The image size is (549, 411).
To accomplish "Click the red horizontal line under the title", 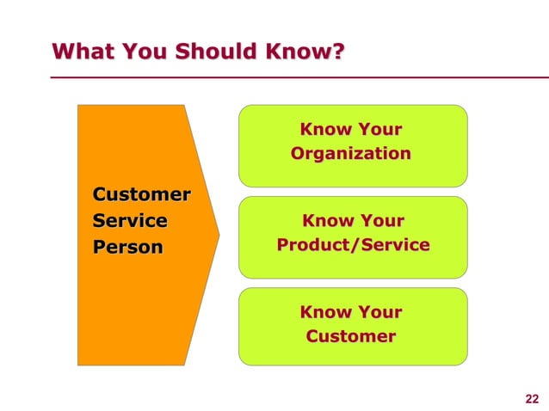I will coord(293,77).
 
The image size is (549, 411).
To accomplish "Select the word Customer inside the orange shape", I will coord(142,194).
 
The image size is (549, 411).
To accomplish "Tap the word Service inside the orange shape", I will coord(130,221).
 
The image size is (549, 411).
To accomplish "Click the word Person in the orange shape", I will coord(127,248).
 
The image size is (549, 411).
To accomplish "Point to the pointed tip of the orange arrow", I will coord(219,234).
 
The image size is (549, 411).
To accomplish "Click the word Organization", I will coord(351,154).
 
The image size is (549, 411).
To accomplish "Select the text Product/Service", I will coord(353,245).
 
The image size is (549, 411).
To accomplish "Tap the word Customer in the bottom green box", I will coord(351,336).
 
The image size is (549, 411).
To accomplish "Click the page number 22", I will coord(531,397).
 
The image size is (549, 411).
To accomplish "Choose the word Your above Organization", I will coord(379,130).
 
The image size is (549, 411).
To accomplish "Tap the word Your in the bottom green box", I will coord(379,312).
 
